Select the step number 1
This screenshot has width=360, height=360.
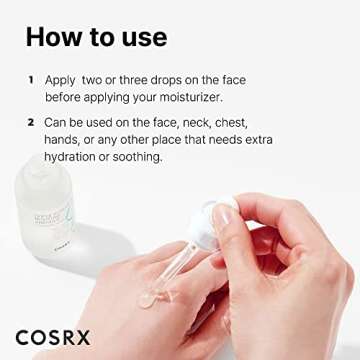[31, 78]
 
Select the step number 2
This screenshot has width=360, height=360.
[31, 122]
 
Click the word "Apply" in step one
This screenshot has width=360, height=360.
[62, 79]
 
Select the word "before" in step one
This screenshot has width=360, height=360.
[67, 97]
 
